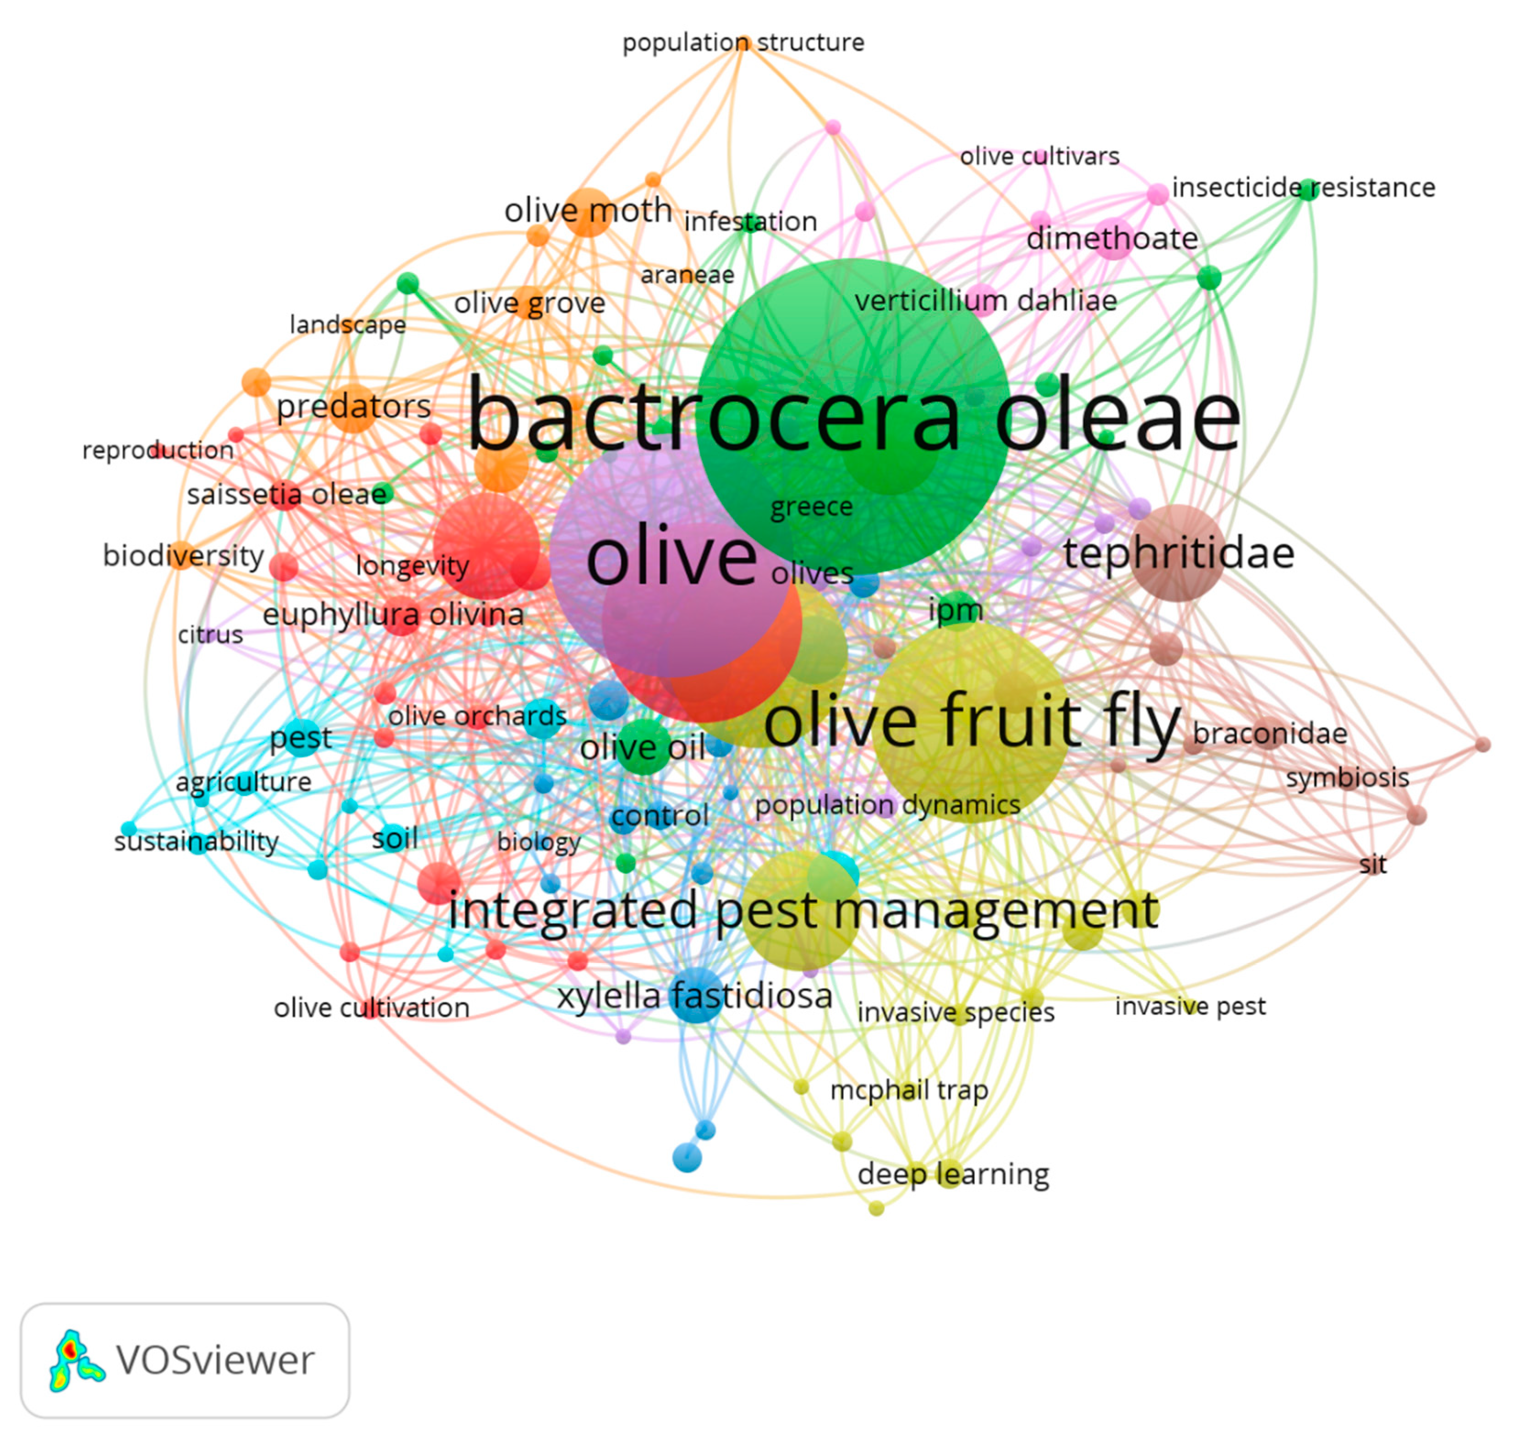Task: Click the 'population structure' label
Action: click(x=743, y=42)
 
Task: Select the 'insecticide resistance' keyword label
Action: click(x=1303, y=187)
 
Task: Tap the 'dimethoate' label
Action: click(x=1111, y=239)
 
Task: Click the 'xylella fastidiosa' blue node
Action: click(x=695, y=995)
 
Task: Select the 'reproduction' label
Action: click(x=158, y=450)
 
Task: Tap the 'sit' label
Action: click(x=1372, y=865)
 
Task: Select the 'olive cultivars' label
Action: click(x=1039, y=156)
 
